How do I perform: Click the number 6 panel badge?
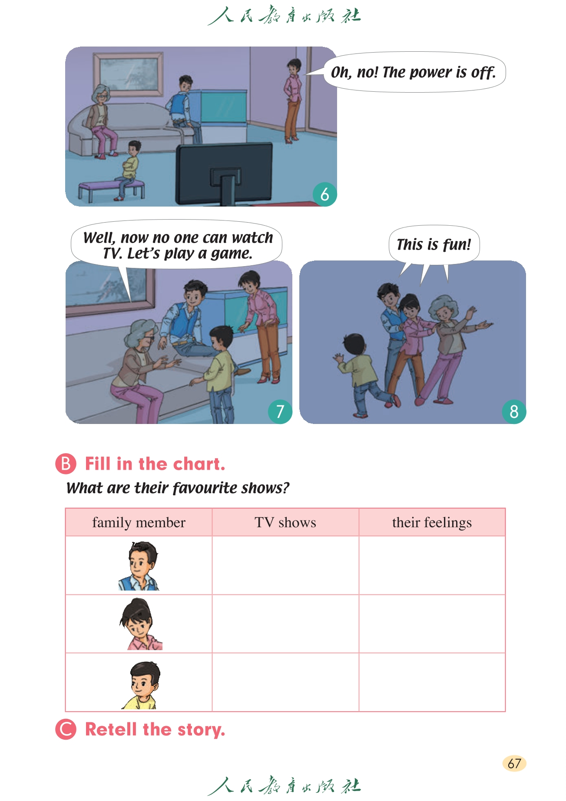click(x=324, y=194)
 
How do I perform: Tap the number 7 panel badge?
click(x=280, y=411)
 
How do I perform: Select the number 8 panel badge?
click(x=514, y=411)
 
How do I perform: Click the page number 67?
click(x=514, y=763)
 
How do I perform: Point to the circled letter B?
click(x=66, y=464)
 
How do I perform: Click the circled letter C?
click(x=66, y=729)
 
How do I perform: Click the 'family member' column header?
click(x=139, y=522)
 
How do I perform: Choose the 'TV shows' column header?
click(x=285, y=522)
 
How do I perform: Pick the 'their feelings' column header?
click(x=432, y=522)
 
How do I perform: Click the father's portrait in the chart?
click(x=139, y=566)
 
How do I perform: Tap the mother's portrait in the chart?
click(x=140, y=624)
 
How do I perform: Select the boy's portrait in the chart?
click(x=141, y=685)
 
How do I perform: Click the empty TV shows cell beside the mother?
click(x=285, y=624)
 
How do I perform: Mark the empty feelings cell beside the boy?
click(x=432, y=682)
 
